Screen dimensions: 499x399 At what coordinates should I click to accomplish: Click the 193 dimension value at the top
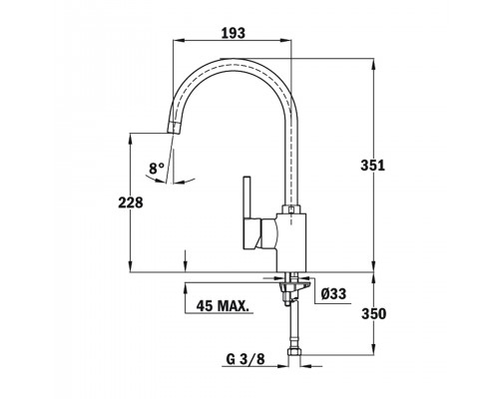(x=234, y=33)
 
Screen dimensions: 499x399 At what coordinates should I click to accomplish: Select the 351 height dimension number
(x=373, y=166)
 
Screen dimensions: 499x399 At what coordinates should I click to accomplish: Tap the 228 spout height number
(x=131, y=202)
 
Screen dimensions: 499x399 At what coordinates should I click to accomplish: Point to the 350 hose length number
(x=374, y=314)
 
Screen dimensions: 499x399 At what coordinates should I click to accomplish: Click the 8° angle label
(x=157, y=169)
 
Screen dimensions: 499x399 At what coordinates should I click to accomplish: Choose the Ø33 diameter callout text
(x=333, y=294)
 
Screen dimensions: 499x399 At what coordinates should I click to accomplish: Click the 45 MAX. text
(x=223, y=306)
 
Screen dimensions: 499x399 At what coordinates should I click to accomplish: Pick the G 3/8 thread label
(x=246, y=359)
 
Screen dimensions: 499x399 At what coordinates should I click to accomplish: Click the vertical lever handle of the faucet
(x=247, y=198)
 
